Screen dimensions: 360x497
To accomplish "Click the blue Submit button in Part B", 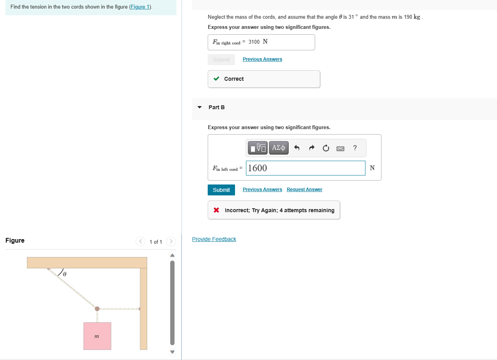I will coord(221,190).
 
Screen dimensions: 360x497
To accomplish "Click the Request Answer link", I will coord(304,190).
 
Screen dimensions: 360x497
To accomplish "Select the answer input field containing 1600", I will coord(305,168).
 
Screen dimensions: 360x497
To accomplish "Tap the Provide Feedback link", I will coord(214,239).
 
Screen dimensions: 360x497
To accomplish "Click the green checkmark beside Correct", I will coord(216,79).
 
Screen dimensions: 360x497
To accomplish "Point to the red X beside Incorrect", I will coord(216,210).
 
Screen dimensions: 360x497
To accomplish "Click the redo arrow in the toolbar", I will coord(311,148).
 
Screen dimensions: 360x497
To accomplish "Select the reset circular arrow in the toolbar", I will coord(326,148).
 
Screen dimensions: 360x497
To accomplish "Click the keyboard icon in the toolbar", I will coord(340,148).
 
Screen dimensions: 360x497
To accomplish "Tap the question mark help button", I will coord(354,148).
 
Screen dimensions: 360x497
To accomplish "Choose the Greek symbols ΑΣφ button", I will coord(279,148).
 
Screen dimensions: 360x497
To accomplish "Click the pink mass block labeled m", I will coord(97,336).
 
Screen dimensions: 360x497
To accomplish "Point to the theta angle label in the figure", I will coord(65,275).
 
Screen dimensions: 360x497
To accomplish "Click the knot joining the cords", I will coord(97,309).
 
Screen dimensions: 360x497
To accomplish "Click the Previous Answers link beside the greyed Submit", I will coord(262,59).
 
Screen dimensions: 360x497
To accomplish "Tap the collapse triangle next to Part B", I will coord(200,107).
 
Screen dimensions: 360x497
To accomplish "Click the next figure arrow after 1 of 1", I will coord(171,242).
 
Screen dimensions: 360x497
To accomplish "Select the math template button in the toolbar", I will coord(258,148).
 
